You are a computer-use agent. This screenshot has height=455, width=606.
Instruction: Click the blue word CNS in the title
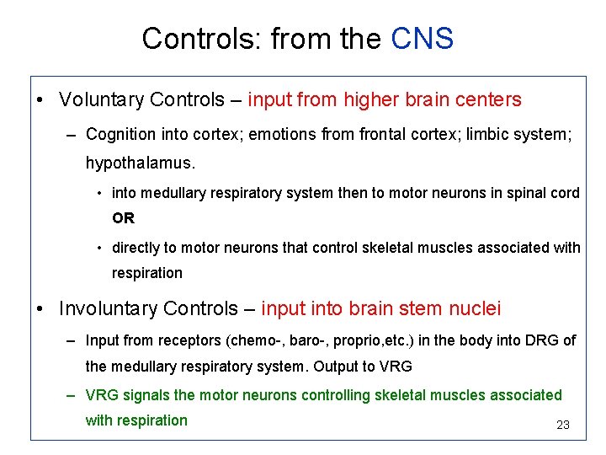click(x=423, y=39)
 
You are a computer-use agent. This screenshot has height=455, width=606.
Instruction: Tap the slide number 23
click(x=563, y=426)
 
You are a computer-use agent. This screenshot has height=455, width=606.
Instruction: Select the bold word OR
click(x=123, y=218)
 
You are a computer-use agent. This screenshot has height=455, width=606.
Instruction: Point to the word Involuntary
click(x=108, y=309)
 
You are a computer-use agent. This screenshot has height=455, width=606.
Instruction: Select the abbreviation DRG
click(x=542, y=340)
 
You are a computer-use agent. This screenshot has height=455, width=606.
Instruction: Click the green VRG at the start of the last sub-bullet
click(x=102, y=395)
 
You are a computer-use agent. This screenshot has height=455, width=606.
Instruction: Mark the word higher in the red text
click(x=370, y=100)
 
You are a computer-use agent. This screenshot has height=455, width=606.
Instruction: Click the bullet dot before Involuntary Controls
click(x=40, y=309)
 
